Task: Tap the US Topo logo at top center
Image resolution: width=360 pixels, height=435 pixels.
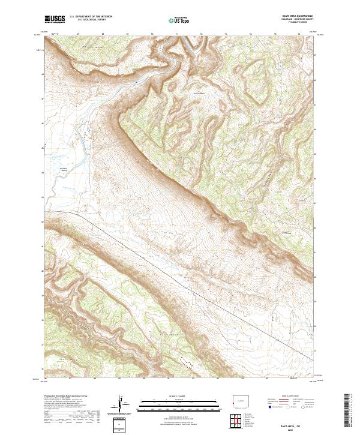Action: click(179, 20)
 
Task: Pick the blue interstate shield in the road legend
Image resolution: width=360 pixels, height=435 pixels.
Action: click(265, 406)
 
